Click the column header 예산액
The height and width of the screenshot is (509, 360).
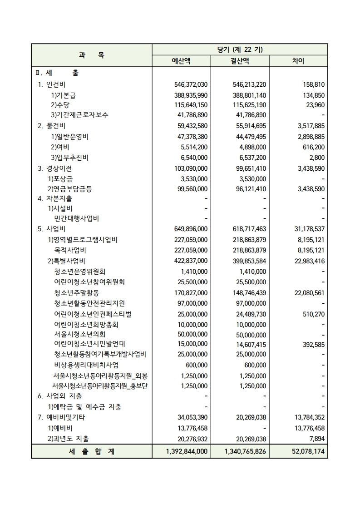pyautogui.click(x=181, y=61)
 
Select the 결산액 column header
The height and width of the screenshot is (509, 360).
pyautogui.click(x=240, y=61)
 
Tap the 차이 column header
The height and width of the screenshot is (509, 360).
pyautogui.click(x=298, y=61)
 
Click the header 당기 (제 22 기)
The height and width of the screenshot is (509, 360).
pyautogui.click(x=240, y=49)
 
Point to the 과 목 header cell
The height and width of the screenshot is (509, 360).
pyautogui.click(x=91, y=55)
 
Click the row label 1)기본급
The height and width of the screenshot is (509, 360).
pyautogui.click(x=63, y=95)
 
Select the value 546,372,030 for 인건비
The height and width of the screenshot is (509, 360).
pyautogui.click(x=191, y=84)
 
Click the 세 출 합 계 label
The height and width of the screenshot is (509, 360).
pyautogui.click(x=91, y=452)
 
